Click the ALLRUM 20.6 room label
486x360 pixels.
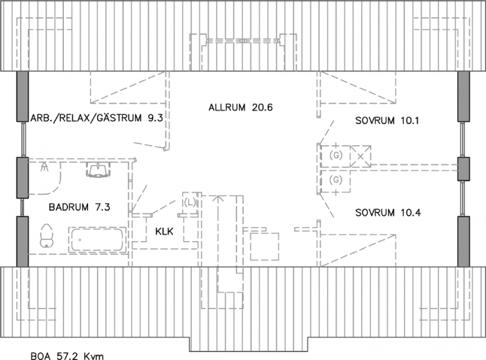point(241,107)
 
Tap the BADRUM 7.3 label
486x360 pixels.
point(80,207)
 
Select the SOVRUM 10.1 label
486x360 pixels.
point(387,121)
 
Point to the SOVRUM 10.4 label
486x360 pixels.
point(388,212)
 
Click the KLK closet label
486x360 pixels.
point(164,231)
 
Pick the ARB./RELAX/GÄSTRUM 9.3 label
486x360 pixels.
point(97,118)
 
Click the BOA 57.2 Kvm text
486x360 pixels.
point(67,356)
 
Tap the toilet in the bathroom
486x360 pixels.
point(47,236)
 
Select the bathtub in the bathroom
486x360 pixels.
point(97,239)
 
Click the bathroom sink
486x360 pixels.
point(98,170)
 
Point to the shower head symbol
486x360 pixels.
point(45,167)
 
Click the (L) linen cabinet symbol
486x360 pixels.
point(190,203)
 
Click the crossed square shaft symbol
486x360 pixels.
point(360,157)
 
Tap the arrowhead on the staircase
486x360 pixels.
point(219,198)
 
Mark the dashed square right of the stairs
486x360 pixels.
point(264,246)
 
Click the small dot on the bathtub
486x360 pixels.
point(80,240)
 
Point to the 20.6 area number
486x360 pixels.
point(262,107)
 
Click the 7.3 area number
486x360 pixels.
point(103,207)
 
